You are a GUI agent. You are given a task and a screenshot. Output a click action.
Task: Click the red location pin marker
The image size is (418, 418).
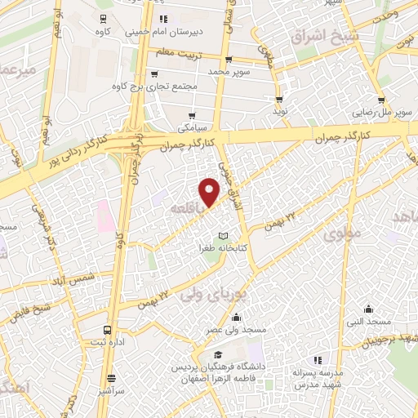tap(210, 192)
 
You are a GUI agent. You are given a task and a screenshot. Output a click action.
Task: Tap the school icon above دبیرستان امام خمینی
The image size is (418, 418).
tap(162, 18)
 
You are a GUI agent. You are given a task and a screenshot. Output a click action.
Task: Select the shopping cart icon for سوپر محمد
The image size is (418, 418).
tap(228, 59)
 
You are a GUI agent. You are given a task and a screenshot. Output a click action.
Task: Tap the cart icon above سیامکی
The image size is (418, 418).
tap(192, 115)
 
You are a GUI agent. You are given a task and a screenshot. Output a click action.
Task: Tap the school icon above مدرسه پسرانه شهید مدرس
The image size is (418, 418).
tap(318, 359)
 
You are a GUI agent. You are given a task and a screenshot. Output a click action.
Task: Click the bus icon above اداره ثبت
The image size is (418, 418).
tap(108, 330)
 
